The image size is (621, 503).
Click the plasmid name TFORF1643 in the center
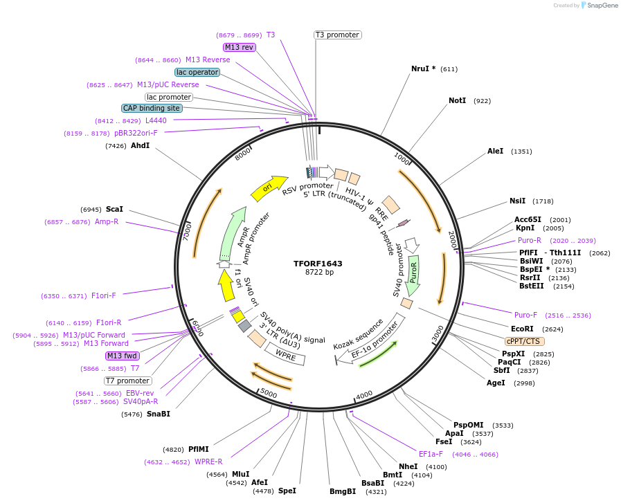tap(318, 264)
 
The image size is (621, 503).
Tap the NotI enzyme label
tap(457, 101)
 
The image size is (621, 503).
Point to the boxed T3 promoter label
tap(337, 35)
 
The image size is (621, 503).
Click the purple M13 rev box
tap(240, 47)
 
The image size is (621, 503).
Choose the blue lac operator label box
tap(197, 72)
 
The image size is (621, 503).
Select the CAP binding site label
tap(152, 108)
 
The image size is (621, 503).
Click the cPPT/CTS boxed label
tap(523, 341)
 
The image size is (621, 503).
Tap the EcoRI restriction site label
tap(522, 329)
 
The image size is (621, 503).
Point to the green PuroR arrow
tap(414, 274)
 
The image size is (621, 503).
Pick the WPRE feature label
tap(286, 354)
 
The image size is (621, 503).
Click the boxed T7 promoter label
tap(127, 381)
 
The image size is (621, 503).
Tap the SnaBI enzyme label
tap(158, 414)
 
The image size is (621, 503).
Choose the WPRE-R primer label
tap(208, 461)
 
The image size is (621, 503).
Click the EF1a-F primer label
tap(431, 454)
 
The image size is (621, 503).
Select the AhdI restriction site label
tap(140, 146)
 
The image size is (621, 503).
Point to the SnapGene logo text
tap(601, 6)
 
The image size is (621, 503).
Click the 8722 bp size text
tap(319, 273)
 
